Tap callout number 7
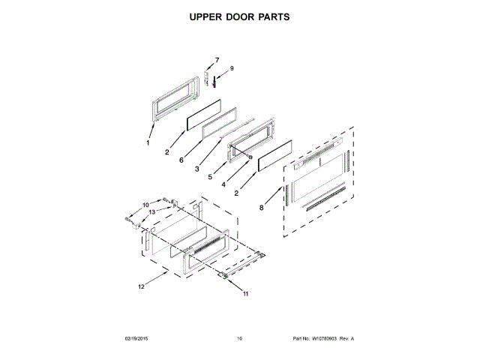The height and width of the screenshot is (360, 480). click(217, 60)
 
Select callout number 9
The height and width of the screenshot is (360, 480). click(232, 68)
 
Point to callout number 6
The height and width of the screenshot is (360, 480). click(181, 160)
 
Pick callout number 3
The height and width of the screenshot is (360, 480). click(196, 169)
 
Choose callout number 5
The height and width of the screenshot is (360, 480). click(211, 176)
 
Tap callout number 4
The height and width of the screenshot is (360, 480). click(223, 184)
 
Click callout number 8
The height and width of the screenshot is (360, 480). click(262, 208)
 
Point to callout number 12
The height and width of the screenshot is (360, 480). click(141, 285)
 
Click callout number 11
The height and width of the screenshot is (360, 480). click(244, 295)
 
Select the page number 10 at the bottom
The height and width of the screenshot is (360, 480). click(239, 339)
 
